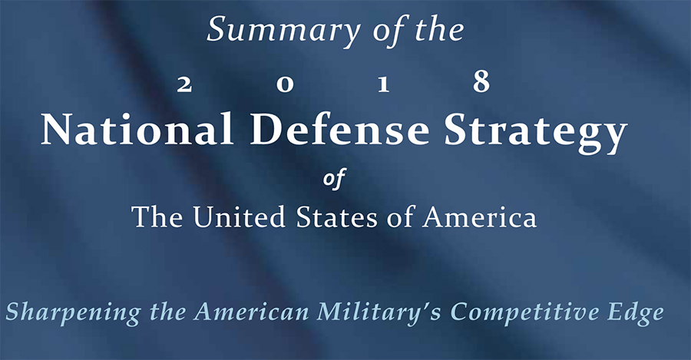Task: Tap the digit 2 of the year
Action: click(x=184, y=84)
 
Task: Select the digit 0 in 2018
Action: click(x=285, y=84)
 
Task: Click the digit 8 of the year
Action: click(x=481, y=81)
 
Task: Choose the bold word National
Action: click(x=137, y=129)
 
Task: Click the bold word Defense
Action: click(x=340, y=129)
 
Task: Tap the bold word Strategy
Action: click(x=536, y=133)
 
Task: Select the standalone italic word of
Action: click(x=334, y=178)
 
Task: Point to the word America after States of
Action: click(x=479, y=216)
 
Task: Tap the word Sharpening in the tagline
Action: click(x=73, y=314)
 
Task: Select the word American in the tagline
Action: click(x=252, y=312)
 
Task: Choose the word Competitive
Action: click(x=525, y=314)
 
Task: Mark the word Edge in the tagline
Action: click(x=636, y=314)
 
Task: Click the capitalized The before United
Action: click(x=157, y=216)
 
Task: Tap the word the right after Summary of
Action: click(x=440, y=29)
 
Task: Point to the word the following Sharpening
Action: click(x=168, y=312)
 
